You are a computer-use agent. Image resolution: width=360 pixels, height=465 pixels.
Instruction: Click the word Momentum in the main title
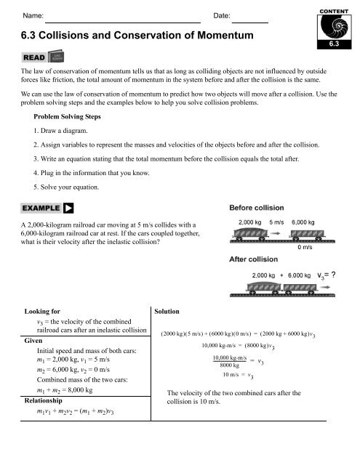pyautogui.click(x=220, y=34)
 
